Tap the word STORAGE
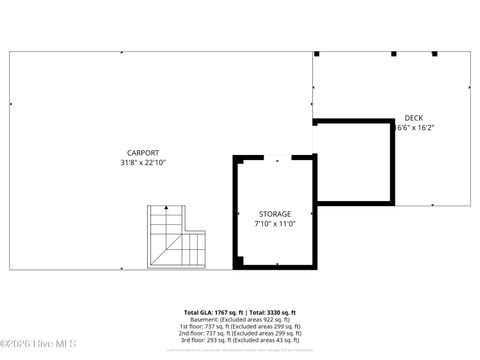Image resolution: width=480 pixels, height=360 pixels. [275, 214]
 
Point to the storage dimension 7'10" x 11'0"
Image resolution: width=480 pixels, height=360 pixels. [275, 224]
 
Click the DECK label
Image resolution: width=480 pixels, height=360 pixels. [413, 118]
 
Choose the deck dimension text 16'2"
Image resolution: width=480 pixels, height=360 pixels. [424, 128]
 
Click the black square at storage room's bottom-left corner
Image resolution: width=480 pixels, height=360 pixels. [238, 263]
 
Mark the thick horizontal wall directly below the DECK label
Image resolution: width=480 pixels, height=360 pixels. [352, 122]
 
